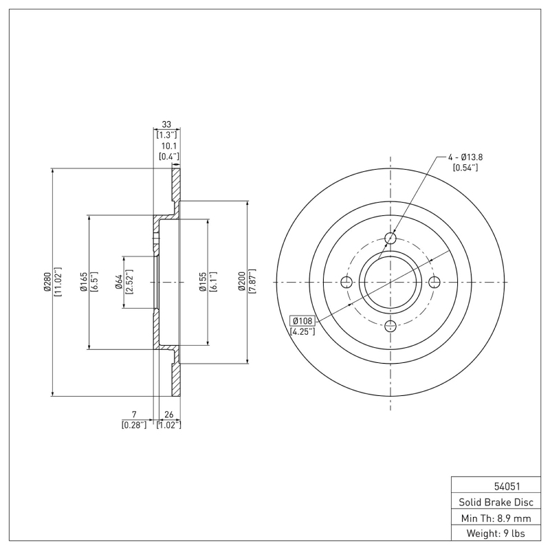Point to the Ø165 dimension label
pos(82,283)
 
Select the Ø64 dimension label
pos(118,282)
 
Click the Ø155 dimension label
pos(203,282)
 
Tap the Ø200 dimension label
pos(241,282)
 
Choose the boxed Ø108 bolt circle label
pos(302,320)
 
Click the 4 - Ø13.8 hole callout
pos(465,157)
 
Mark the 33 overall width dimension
pos(166,124)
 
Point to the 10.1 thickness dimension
pos(169,146)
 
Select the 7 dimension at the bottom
pos(135,415)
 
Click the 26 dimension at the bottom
pos(168,415)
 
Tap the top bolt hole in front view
pos(390,239)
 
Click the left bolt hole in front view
pos(346,283)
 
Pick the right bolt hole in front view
pos(434,283)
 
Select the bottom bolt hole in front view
pos(390,326)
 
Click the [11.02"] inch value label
pos(58,283)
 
